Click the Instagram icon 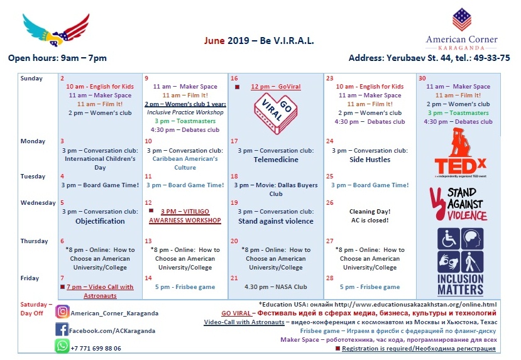coord(62,312)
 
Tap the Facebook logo coord(62,329)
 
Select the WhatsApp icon coord(62,346)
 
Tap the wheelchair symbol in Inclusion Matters coord(447,239)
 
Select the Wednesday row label coord(38,203)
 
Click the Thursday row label coord(34,241)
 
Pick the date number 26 coord(330,203)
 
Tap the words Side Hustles coord(370,160)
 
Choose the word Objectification coord(100,221)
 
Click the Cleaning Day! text coord(370,212)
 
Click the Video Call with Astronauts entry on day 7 coord(100,291)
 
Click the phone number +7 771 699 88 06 coord(96,348)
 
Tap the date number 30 coord(422,78)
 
